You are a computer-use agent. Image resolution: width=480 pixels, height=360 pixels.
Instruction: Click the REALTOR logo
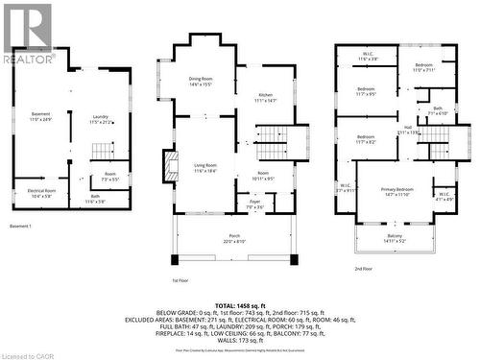27,34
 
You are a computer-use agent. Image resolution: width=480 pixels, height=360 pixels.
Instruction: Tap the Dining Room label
199,82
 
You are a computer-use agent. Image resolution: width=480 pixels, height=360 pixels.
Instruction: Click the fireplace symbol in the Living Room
172,164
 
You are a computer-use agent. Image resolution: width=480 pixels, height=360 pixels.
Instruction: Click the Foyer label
253,204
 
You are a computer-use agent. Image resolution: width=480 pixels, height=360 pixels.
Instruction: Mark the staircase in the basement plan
104,152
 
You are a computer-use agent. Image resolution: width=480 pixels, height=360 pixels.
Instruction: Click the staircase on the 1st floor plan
272,136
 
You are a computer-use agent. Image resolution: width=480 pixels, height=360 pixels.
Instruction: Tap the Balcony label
395,237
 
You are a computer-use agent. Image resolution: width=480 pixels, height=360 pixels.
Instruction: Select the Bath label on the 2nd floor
438,110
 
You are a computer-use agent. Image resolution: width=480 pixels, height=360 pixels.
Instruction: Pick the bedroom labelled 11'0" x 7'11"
425,68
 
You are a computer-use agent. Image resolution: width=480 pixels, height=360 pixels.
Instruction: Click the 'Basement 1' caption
21,226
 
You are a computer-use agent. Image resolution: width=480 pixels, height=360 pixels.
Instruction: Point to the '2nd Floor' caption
363,268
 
